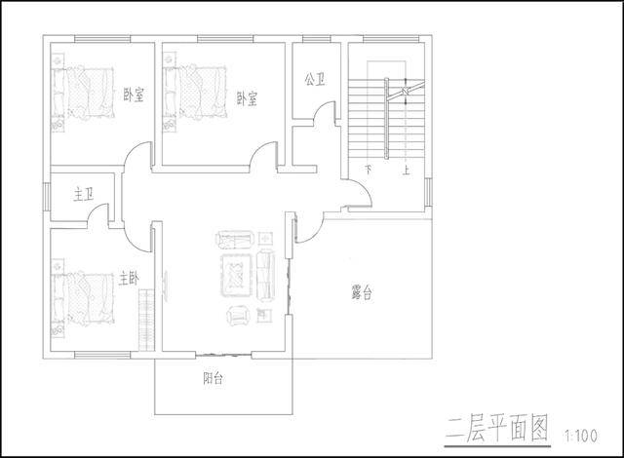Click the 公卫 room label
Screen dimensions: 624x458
pyautogui.click(x=315, y=80)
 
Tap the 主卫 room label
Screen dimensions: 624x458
pyautogui.click(x=84, y=195)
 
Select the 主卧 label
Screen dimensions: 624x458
pyautogui.click(x=129, y=279)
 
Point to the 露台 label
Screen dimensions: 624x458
pyautogui.click(x=362, y=292)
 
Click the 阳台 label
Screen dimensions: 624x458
pyautogui.click(x=213, y=378)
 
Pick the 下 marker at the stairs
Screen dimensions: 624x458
pyautogui.click(x=369, y=171)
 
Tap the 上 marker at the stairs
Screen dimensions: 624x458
pyautogui.click(x=406, y=171)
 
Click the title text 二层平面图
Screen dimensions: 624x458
pyautogui.click(x=496, y=428)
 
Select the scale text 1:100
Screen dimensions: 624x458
pyautogui.click(x=581, y=436)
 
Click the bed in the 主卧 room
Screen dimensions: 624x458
pyautogui.click(x=83, y=298)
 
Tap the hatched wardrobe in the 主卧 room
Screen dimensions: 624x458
pyautogui.click(x=146, y=320)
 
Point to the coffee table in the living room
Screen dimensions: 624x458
pyautogui.click(x=237, y=276)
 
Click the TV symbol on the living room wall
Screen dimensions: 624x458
pyautogui.click(x=165, y=283)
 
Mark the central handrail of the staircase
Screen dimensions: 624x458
pyautogui.click(x=386, y=119)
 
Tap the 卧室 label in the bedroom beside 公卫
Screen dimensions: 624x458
pyautogui.click(x=247, y=98)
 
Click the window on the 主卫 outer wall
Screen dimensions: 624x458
pyautogui.click(x=46, y=197)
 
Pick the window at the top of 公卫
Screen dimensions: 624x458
pyautogui.click(x=317, y=39)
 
